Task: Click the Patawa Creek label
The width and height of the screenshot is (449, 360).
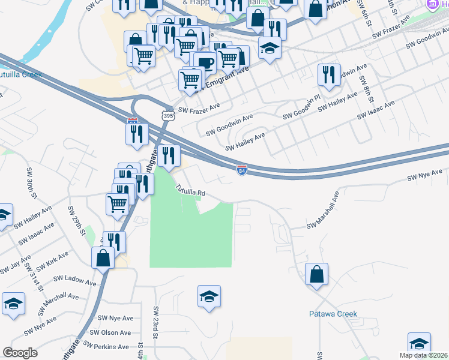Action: pos(333,314)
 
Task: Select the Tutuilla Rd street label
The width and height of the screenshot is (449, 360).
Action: pos(190,190)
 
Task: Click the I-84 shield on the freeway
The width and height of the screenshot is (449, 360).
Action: pos(241,170)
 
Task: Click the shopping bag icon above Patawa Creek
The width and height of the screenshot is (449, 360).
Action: pos(316,275)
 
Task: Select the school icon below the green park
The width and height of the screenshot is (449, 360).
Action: pos(209,296)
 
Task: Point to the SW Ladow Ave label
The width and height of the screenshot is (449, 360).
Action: pos(74,280)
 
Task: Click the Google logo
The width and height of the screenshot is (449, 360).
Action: pos(20,353)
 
